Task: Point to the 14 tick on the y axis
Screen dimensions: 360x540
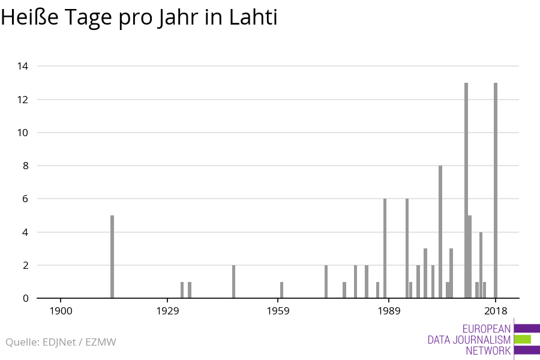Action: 23,66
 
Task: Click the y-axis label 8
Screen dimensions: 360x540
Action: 25,166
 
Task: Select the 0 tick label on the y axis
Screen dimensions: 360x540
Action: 25,298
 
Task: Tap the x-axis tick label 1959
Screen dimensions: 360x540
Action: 278,311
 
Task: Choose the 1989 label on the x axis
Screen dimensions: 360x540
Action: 389,311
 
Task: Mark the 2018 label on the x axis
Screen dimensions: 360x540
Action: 496,311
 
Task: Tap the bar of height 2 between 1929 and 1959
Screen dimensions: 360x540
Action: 233,281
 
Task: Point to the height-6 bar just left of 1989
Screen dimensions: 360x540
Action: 385,248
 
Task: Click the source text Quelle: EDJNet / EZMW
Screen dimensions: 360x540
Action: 61,342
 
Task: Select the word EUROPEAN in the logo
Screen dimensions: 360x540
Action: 487,329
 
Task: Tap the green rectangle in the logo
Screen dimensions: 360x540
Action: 523,340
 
